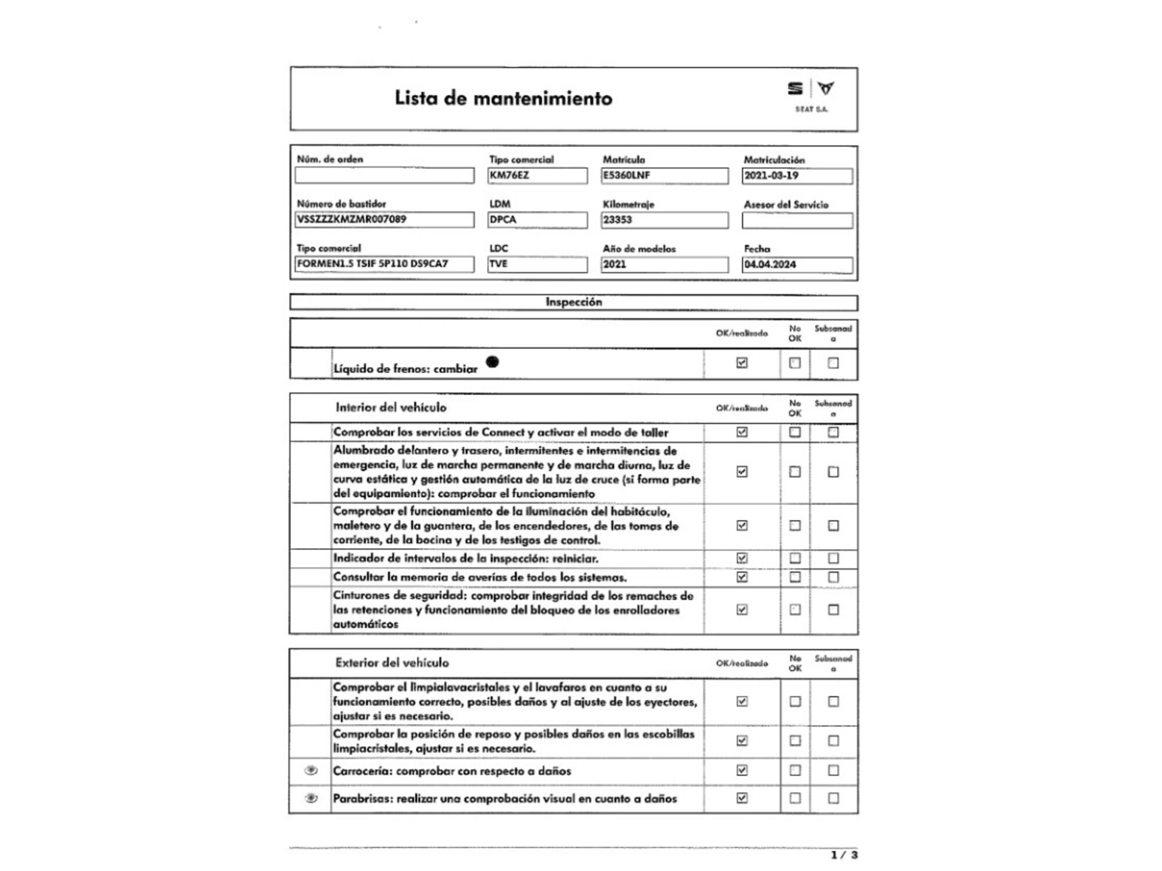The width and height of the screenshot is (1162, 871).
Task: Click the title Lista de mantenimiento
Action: pos(503,98)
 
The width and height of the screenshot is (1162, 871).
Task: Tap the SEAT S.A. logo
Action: pos(811,95)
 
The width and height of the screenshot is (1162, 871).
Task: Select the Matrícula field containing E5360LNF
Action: pos(664,175)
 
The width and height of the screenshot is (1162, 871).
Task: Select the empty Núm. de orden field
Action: pos(384,175)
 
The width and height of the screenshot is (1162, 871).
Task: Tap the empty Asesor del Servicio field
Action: pos(797,220)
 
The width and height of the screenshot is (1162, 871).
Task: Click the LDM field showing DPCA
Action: pos(537,219)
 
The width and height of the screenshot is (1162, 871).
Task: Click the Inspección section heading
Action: pos(573,302)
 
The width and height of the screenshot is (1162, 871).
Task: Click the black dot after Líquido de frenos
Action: pos(492,362)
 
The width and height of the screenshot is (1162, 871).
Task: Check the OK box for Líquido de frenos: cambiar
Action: pos(742,363)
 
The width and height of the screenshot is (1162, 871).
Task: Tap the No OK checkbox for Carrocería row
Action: pos(795,771)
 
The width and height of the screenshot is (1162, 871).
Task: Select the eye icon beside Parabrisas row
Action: pos(311,798)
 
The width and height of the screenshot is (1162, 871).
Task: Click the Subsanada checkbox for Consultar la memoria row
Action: pos(833,577)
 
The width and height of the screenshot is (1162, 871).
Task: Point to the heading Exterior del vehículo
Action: pos(392,663)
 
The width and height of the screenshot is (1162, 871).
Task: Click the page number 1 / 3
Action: pos(844,855)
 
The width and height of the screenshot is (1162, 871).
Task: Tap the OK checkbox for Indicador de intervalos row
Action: pos(742,558)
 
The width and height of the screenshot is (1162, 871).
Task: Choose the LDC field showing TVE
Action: pos(537,264)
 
